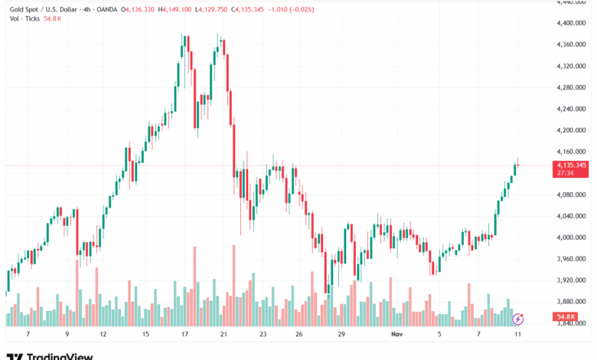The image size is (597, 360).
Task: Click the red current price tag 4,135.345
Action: click(572, 165)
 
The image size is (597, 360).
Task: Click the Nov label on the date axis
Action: click(396, 335)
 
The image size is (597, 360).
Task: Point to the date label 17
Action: click(184, 335)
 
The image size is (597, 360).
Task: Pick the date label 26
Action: click(298, 335)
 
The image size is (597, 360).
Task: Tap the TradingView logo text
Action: click(60, 355)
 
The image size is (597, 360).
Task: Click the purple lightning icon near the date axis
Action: click(518, 318)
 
